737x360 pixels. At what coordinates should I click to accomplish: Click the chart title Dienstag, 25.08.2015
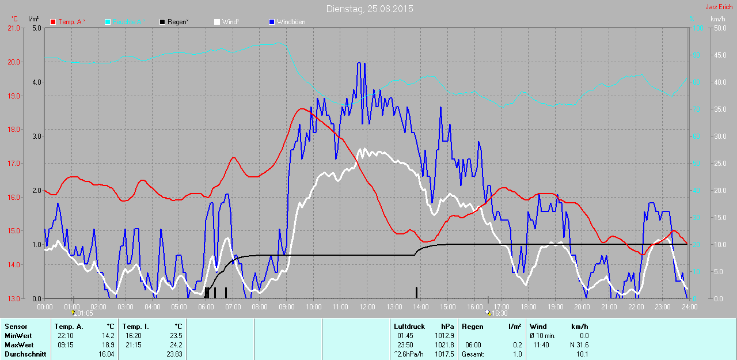pos(369,9)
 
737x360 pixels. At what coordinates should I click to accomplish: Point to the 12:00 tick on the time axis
pos(367,307)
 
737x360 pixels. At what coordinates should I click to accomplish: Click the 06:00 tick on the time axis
pos(206,307)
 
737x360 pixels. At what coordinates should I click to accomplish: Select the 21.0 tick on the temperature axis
pos(13,28)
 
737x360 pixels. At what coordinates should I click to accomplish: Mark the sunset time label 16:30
pos(499,313)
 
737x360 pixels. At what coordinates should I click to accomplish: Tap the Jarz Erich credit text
pos(719,7)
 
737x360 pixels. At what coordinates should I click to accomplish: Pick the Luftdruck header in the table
pos(409,327)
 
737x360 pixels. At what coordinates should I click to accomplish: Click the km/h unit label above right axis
pos(718,19)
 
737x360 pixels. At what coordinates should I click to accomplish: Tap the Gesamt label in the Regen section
pos(473,354)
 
